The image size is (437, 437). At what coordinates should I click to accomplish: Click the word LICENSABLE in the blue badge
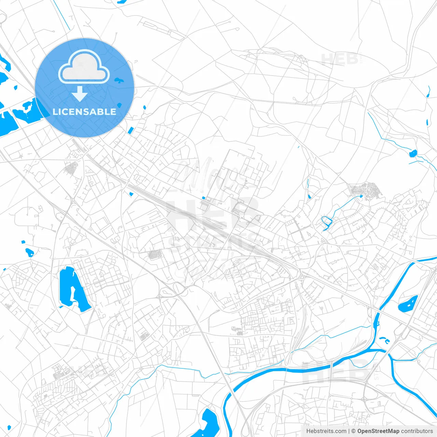84,112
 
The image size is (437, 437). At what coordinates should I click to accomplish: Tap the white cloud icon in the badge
84,67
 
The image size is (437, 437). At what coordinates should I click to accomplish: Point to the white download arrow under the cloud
80,94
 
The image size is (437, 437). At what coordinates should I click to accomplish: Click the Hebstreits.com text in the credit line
326,431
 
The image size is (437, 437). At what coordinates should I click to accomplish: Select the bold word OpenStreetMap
378,431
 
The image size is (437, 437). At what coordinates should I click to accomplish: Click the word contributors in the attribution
417,431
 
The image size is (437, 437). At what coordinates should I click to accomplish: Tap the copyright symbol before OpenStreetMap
354,431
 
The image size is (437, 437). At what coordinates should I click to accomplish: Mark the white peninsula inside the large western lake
72,294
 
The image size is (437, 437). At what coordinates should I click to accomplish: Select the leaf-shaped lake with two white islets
408,304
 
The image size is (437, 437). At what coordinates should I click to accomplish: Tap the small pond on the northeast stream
413,153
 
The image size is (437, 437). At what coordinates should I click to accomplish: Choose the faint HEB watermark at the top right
340,59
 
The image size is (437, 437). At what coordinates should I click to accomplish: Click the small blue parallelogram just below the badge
130,130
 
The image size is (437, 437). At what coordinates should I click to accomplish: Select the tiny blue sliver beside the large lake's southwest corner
61,307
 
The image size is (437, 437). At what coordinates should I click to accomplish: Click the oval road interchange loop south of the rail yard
179,288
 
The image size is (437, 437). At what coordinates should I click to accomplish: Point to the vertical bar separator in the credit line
349,431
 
